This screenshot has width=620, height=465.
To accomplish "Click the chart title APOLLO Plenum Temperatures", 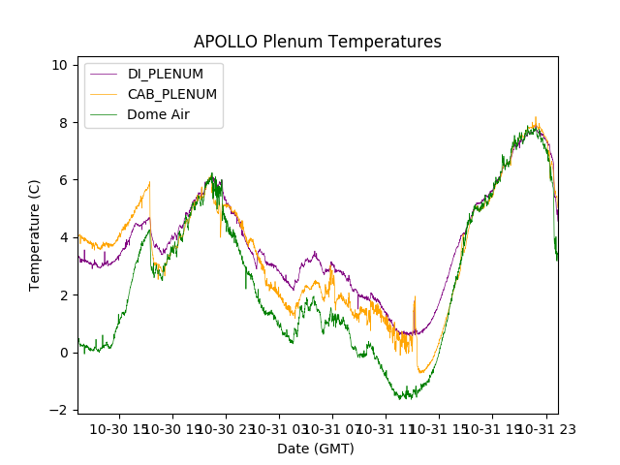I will [317, 42].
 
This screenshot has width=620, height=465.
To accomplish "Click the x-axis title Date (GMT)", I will [316, 449].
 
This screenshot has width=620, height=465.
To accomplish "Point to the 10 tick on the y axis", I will [60, 65].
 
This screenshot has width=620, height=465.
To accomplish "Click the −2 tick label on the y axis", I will [60, 410].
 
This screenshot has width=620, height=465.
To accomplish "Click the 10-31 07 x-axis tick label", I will [331, 428].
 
